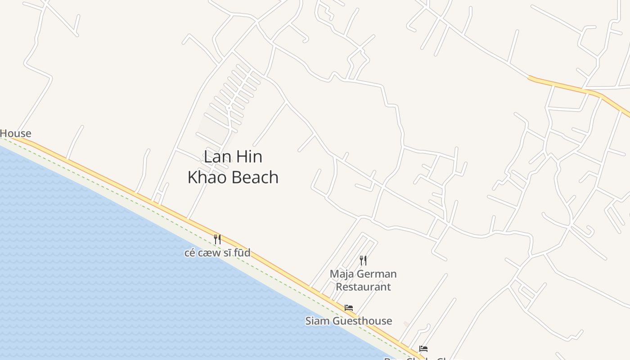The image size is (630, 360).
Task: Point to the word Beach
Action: tap(256, 177)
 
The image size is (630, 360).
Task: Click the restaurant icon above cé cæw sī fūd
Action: tap(217, 239)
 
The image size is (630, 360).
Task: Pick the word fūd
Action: tap(242, 253)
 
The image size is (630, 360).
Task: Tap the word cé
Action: tap(190, 253)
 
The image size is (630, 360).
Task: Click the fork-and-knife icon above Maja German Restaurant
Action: tap(363, 261)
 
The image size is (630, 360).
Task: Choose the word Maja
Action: tap(341, 274)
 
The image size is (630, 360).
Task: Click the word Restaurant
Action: tap(363, 287)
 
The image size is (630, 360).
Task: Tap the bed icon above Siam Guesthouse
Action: tap(349, 308)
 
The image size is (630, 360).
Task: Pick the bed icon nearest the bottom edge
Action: tap(423, 349)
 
